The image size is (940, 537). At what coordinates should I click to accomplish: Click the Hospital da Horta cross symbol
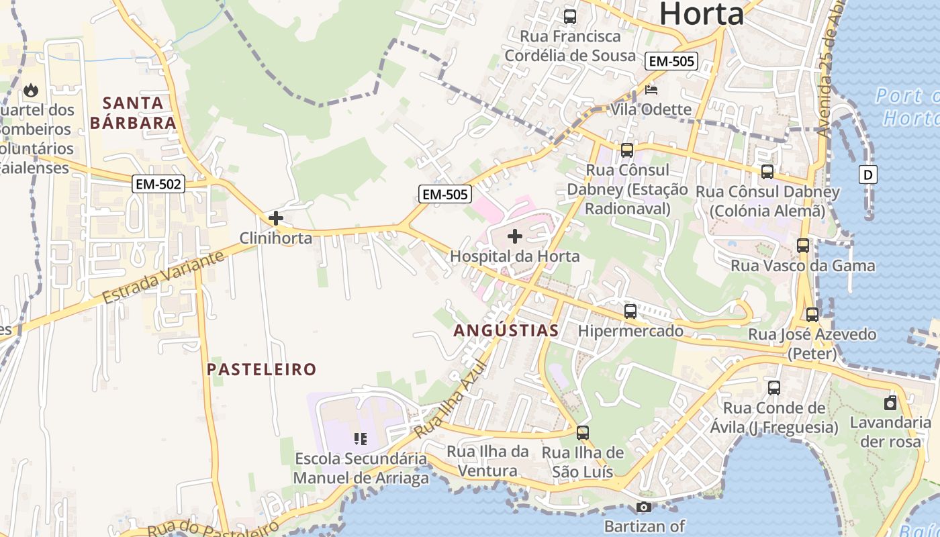coord(515,236)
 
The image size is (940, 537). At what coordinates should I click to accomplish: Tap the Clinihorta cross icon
coord(275,218)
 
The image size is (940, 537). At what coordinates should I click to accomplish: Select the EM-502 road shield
coord(158,184)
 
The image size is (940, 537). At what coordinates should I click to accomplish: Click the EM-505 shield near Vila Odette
coord(671,61)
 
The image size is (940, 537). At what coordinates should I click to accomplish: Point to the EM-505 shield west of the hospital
coord(444,195)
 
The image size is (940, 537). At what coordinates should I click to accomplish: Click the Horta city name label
coord(702,13)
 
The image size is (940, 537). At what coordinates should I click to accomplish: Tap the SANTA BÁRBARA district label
coord(134,113)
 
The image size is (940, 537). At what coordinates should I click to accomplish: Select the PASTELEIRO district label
coord(261,369)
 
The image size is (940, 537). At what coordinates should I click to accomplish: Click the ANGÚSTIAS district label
coord(506,330)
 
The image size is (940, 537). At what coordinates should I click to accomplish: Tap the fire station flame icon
coord(31,90)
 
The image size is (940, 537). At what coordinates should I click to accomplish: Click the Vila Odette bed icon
coord(651,90)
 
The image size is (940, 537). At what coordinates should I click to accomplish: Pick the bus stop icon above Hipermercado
coord(630,311)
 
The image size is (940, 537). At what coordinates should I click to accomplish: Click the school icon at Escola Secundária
coord(361,439)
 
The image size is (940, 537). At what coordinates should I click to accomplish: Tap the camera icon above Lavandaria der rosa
coord(890,403)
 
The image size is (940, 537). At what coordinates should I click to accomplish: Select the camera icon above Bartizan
coord(644,507)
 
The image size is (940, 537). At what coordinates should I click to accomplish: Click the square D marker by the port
coord(868,175)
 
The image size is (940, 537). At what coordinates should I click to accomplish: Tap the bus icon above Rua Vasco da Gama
coord(803,246)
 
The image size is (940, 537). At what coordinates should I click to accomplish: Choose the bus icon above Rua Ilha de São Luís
coord(583,433)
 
